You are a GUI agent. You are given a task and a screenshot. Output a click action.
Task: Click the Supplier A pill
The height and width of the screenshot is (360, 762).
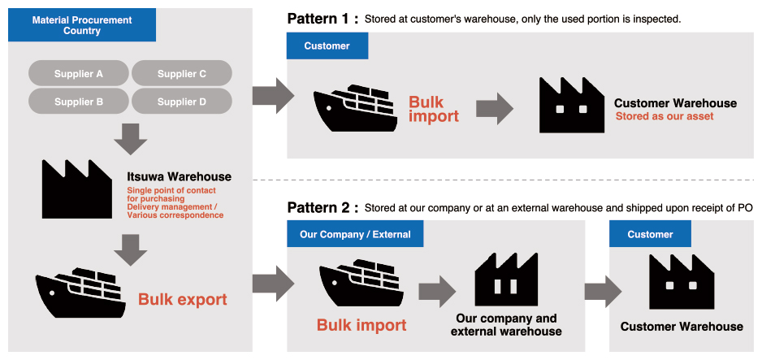(x=78, y=73)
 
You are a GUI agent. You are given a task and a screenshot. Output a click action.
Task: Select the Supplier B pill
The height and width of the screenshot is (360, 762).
(x=78, y=102)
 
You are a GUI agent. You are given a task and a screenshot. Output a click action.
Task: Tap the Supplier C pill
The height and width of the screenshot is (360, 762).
(x=182, y=73)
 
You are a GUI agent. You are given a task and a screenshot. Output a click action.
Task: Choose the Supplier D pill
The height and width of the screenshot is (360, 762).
(x=182, y=102)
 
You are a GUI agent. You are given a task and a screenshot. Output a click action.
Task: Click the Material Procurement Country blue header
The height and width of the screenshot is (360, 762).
(x=81, y=24)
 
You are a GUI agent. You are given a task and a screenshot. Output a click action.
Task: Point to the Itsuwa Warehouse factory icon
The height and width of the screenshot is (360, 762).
(x=77, y=189)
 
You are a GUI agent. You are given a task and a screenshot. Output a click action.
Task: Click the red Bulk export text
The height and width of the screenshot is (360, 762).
(x=182, y=299)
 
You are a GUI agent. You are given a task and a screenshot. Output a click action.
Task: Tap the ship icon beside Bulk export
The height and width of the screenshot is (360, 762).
(x=80, y=293)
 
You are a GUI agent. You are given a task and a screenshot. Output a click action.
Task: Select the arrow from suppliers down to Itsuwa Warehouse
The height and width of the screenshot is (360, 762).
(x=131, y=139)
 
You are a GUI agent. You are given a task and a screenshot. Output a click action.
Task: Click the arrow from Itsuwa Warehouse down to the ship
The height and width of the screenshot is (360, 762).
(x=131, y=250)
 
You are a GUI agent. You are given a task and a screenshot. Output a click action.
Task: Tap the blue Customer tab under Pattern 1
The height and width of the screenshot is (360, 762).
(x=327, y=46)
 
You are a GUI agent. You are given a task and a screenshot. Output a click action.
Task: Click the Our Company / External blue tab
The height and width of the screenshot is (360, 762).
(x=355, y=234)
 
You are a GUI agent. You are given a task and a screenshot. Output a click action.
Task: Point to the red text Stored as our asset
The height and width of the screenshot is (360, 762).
(x=665, y=116)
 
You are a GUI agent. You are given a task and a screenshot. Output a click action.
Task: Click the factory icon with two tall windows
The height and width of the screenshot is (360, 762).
(x=506, y=280)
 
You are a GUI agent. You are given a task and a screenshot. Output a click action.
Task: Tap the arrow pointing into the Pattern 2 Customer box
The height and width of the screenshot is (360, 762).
(x=603, y=292)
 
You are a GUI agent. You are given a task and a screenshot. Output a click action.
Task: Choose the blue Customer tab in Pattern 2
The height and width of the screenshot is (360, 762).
(x=650, y=234)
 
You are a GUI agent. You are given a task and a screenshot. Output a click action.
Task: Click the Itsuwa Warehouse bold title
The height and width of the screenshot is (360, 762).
(x=180, y=176)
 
